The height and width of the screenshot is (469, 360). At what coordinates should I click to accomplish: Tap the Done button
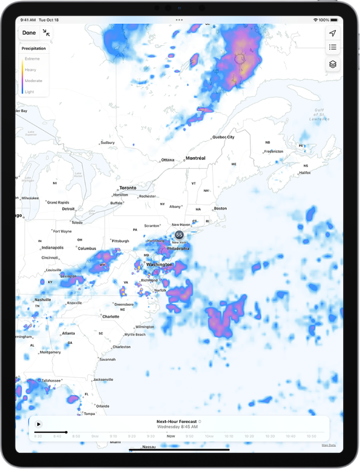tap(29, 33)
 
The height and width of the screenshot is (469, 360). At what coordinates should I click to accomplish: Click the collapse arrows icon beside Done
tap(46, 33)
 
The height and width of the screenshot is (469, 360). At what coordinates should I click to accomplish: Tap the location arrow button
tap(333, 33)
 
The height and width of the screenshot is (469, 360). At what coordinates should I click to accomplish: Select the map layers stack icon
tap(333, 64)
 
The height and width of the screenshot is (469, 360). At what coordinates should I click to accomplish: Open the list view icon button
tap(333, 48)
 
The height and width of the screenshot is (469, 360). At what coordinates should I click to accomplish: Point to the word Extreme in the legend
tap(32, 59)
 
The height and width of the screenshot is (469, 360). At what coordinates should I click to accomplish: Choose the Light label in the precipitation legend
tap(29, 92)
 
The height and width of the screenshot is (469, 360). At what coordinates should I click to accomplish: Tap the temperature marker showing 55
tap(179, 235)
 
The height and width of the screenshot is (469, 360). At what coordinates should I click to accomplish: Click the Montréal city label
tap(195, 158)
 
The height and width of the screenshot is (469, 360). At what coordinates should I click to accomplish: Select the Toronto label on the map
tap(128, 188)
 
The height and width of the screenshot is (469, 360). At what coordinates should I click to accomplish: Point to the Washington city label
tap(159, 265)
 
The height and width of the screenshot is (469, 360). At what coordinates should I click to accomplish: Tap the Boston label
tap(220, 208)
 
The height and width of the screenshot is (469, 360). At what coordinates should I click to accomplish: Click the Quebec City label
tap(223, 137)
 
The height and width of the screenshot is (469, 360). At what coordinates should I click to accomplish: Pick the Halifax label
tap(305, 173)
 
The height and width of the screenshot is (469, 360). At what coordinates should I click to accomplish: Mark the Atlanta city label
tap(69, 333)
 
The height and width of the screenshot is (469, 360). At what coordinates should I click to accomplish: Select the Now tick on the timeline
tap(171, 435)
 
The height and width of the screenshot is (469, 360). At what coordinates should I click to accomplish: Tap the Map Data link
tap(328, 445)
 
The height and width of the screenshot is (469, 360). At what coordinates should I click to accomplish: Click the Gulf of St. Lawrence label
tap(319, 115)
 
